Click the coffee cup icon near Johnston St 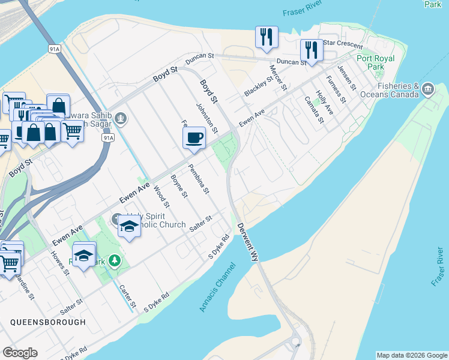pos(194,138)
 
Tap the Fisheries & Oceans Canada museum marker pos(428,90)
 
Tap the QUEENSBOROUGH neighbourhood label pos(48,322)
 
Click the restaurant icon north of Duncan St pos(266,37)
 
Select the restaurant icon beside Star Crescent pos(311,50)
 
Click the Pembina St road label pos(198,179)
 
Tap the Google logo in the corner pos(20,353)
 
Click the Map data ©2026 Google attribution pos(412,355)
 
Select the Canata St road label pos(313,110)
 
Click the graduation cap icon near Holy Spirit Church pos(129,226)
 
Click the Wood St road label pos(161,197)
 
